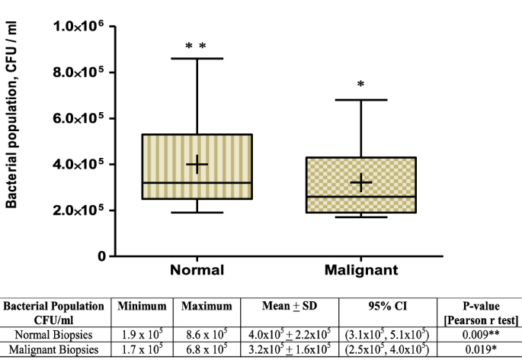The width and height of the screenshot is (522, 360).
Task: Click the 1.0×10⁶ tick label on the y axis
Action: click(79, 27)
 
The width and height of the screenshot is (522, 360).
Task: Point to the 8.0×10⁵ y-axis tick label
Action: click(79, 72)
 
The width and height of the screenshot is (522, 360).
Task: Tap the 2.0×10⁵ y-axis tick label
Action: click(79, 211)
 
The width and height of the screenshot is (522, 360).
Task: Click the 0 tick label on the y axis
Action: click(100, 256)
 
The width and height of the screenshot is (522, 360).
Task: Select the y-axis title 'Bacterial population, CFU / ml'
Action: click(12, 114)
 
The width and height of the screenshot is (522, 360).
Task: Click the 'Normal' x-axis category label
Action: click(197, 270)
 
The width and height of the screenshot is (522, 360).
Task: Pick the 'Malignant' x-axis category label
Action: click(360, 270)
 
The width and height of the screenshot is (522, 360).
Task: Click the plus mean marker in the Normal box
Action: click(197, 164)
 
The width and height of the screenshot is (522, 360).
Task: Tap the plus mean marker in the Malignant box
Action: click(360, 182)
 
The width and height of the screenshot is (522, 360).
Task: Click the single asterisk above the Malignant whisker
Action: click(360, 85)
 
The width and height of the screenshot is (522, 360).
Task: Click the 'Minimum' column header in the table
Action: click(142, 306)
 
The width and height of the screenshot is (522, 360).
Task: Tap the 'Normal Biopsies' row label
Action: click(53, 333)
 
